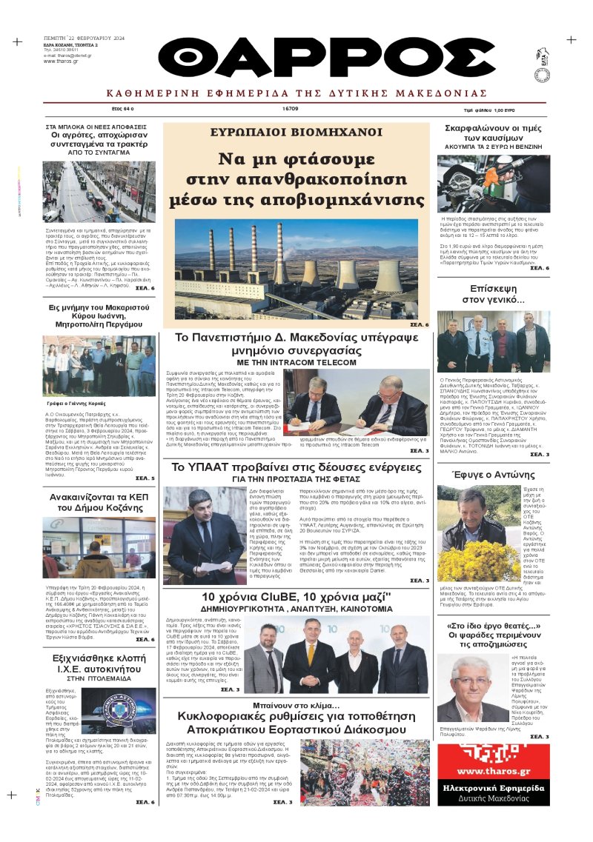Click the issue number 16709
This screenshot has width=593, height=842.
[x=290, y=108]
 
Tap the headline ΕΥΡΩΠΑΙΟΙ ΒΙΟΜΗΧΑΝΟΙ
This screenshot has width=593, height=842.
[x=296, y=133]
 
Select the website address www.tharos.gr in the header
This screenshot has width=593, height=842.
[x=57, y=61]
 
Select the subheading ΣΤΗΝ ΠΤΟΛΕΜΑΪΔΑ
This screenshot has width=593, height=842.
[x=99, y=676]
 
